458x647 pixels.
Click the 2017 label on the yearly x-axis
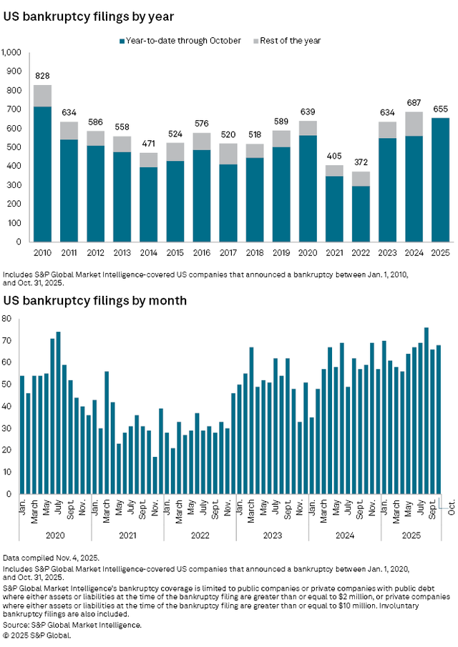[x=228, y=252]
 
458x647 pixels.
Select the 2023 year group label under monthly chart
[x=272, y=534]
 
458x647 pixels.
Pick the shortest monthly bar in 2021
[x=155, y=475]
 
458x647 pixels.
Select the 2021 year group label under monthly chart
[x=127, y=534]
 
